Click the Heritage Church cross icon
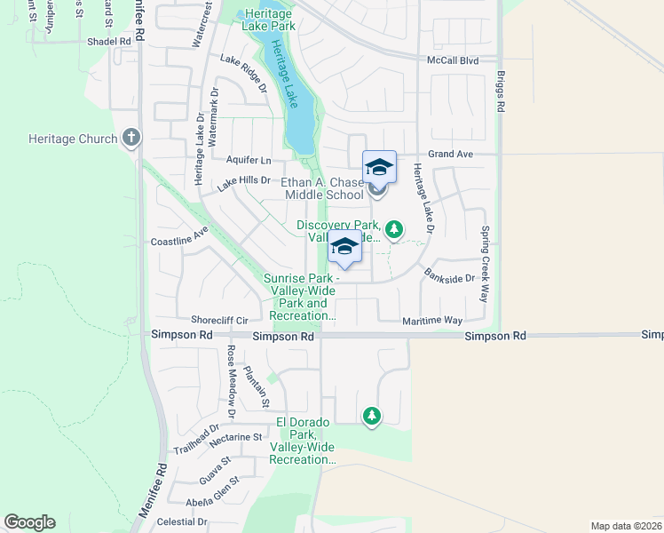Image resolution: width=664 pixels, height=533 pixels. tap(131, 138)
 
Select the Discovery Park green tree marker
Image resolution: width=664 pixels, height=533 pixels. tap(393, 230)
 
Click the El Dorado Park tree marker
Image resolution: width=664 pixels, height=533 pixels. tap(371, 415)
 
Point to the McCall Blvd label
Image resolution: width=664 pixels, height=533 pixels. tap(453, 60)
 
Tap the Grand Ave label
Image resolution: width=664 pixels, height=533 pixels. tap(450, 154)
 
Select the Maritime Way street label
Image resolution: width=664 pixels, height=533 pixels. tap(432, 320)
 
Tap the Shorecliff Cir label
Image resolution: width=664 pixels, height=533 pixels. tap(218, 320)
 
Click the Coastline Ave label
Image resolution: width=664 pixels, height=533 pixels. tap(178, 241)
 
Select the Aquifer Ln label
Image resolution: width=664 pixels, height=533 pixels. tap(249, 160)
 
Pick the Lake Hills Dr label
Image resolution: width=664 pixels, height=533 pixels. tap(243, 181)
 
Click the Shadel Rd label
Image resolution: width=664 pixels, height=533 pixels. tap(109, 42)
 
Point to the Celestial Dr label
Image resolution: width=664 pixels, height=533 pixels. tap(181, 522)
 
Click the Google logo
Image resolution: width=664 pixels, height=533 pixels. tap(29, 522)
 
